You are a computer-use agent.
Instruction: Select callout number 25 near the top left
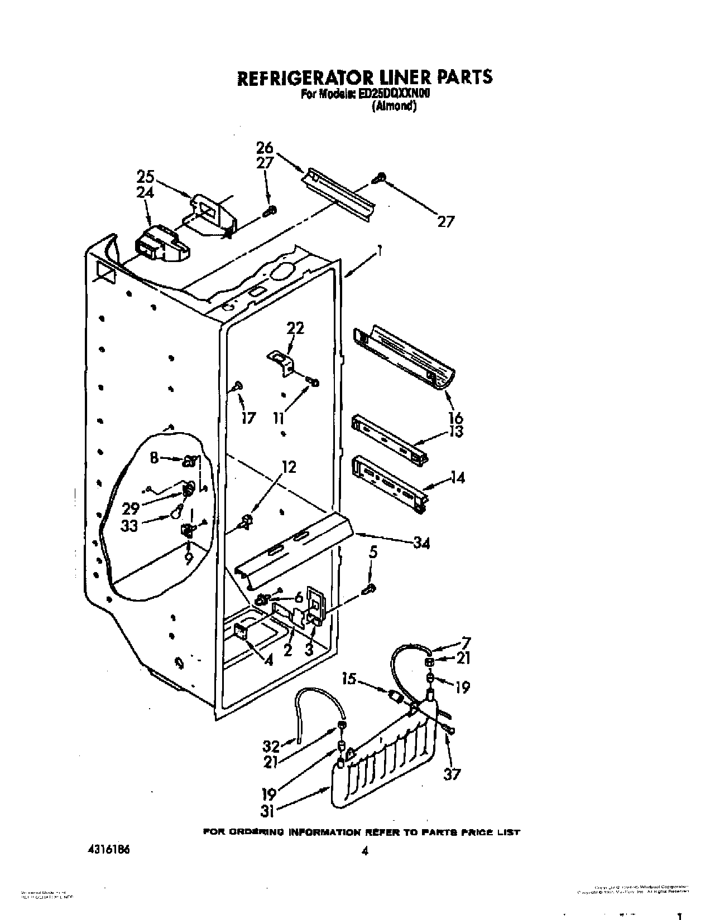coord(146,177)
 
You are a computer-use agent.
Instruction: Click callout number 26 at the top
coord(265,148)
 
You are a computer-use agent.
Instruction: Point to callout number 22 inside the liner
coord(295,328)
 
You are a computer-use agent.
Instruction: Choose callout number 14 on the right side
coord(457,477)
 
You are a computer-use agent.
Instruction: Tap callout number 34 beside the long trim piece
coord(421,542)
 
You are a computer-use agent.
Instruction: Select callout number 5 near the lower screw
coord(373,553)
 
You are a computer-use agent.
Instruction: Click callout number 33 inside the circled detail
coord(129,525)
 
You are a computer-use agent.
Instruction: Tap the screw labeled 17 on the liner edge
coord(238,385)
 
